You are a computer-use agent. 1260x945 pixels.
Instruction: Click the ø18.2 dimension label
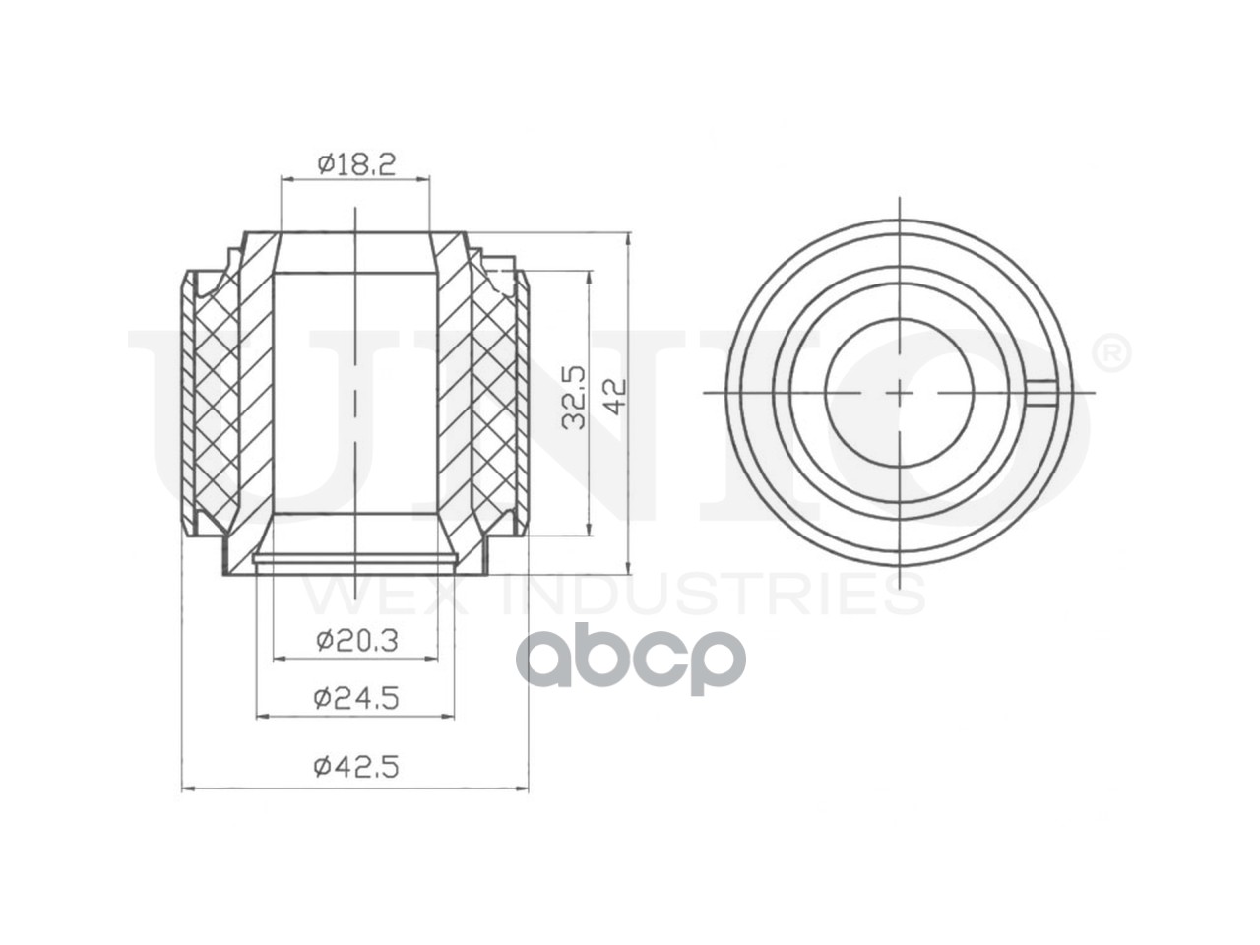[356, 164]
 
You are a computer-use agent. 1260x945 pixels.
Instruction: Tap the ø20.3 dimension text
[356, 640]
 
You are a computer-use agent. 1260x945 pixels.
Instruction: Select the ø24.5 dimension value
[356, 698]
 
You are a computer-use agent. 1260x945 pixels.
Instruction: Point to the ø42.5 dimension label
[356, 767]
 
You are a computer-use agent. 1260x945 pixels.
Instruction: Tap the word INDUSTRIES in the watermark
[713, 595]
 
